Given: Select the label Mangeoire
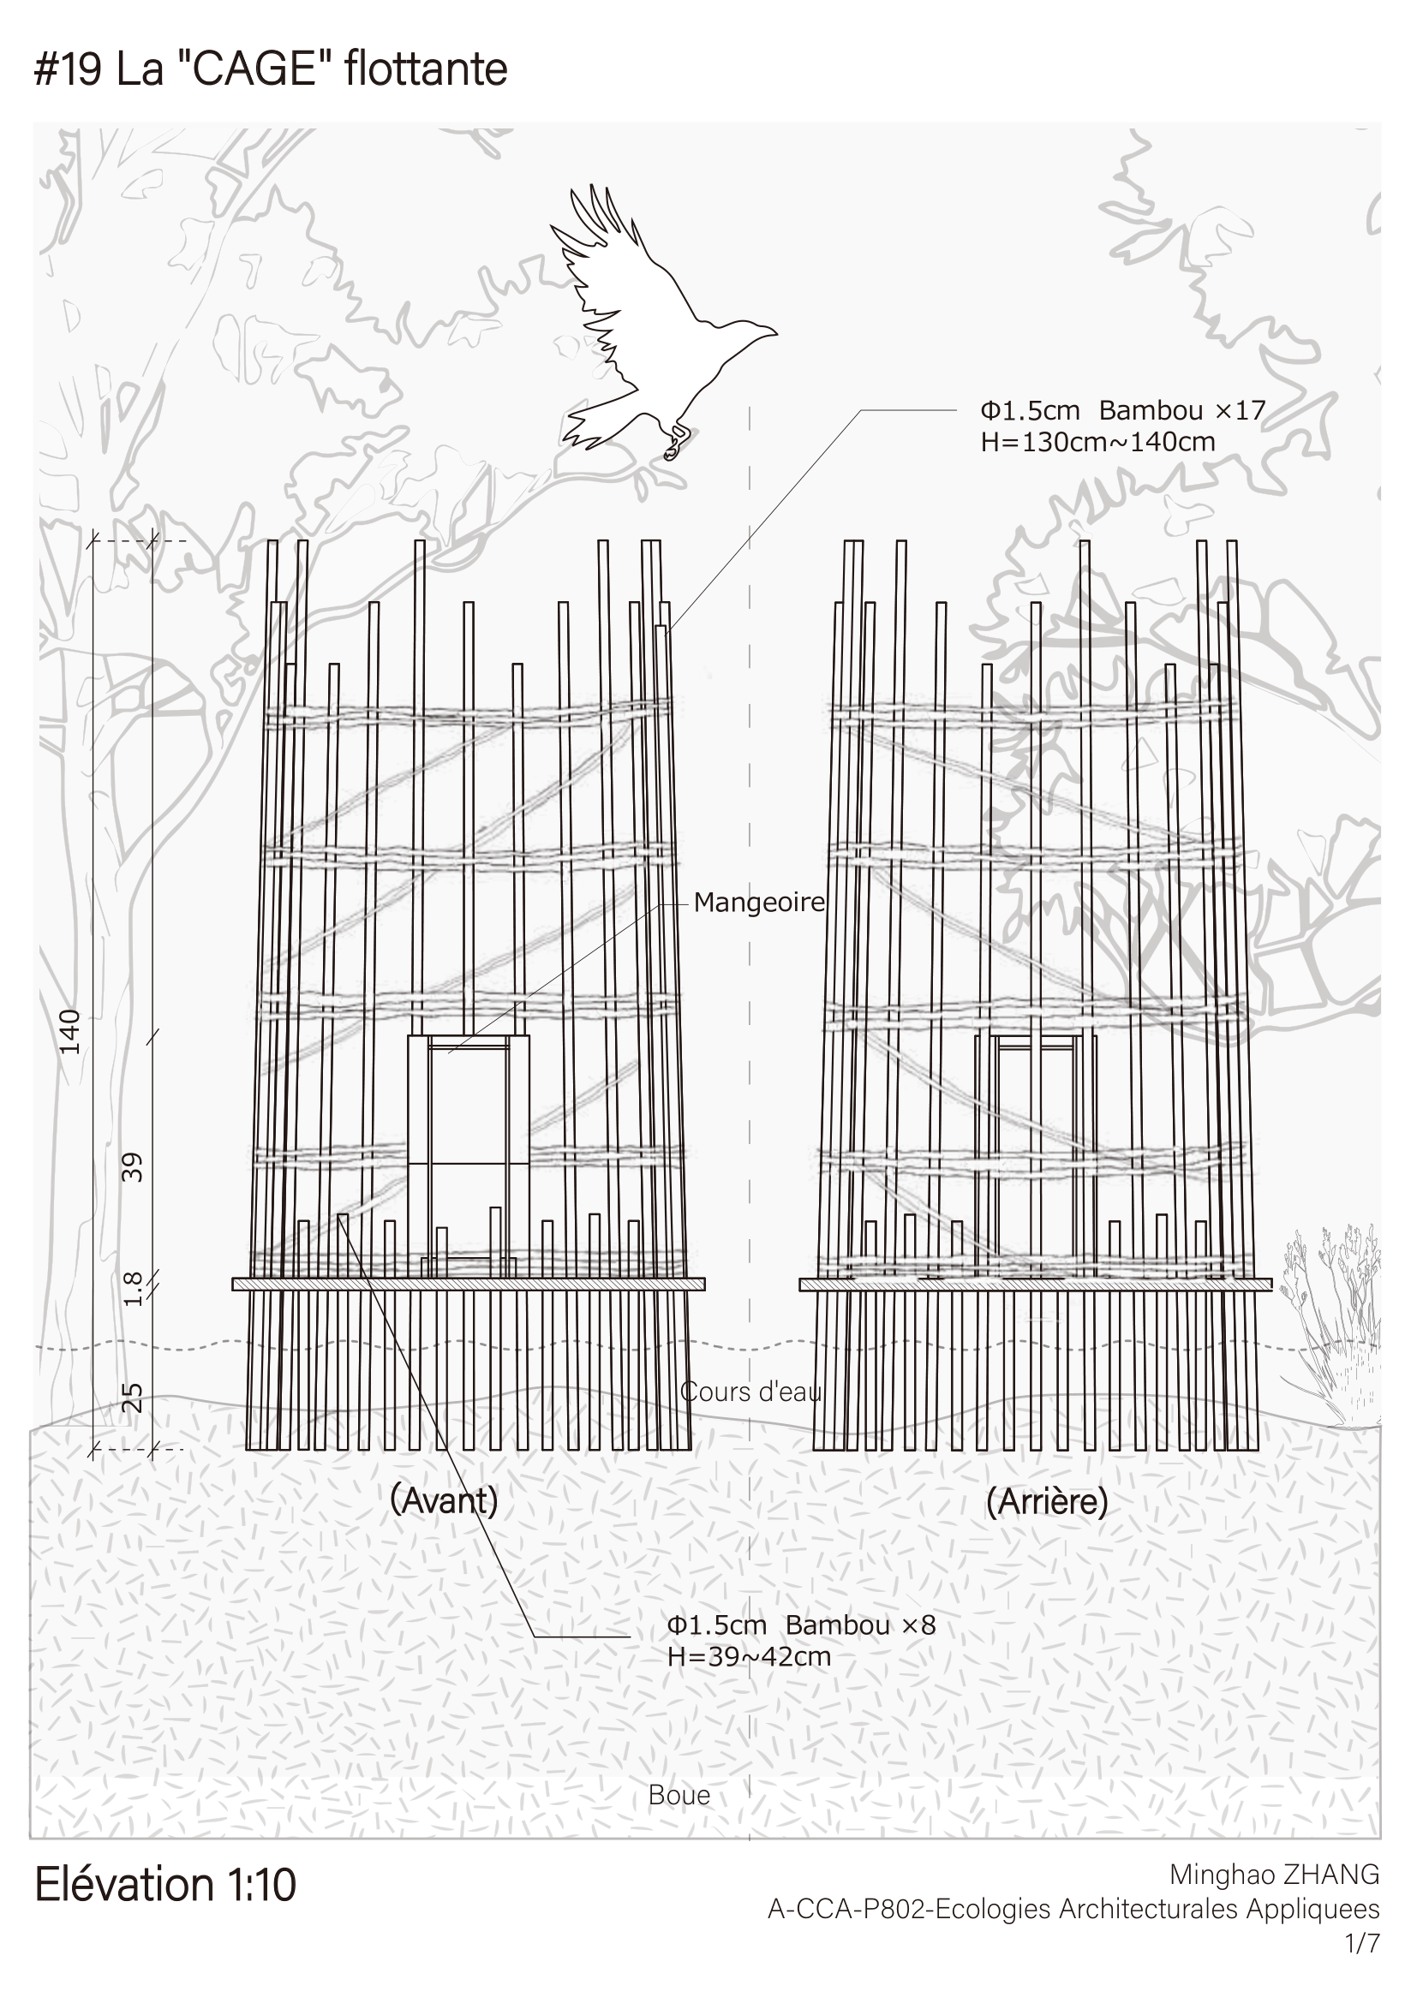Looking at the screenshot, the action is tap(759, 903).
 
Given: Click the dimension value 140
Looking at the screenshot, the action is tap(69, 1031).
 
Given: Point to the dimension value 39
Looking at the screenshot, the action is tap(131, 1166).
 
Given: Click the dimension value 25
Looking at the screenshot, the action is tap(131, 1398).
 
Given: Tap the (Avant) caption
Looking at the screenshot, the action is tap(444, 1500).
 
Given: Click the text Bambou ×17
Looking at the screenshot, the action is tap(1182, 410).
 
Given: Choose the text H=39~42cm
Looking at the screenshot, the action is tap(750, 1657).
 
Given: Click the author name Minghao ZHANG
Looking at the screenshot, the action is tap(1275, 1874).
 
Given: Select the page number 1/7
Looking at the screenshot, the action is tap(1363, 1944).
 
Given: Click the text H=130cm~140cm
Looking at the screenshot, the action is tap(1097, 442).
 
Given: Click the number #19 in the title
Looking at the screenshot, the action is tap(68, 69).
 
